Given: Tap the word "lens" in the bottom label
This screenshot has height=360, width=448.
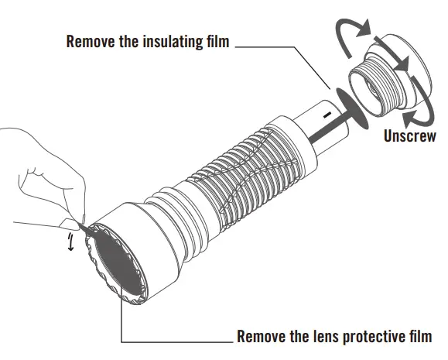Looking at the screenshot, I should click(x=318, y=337).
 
